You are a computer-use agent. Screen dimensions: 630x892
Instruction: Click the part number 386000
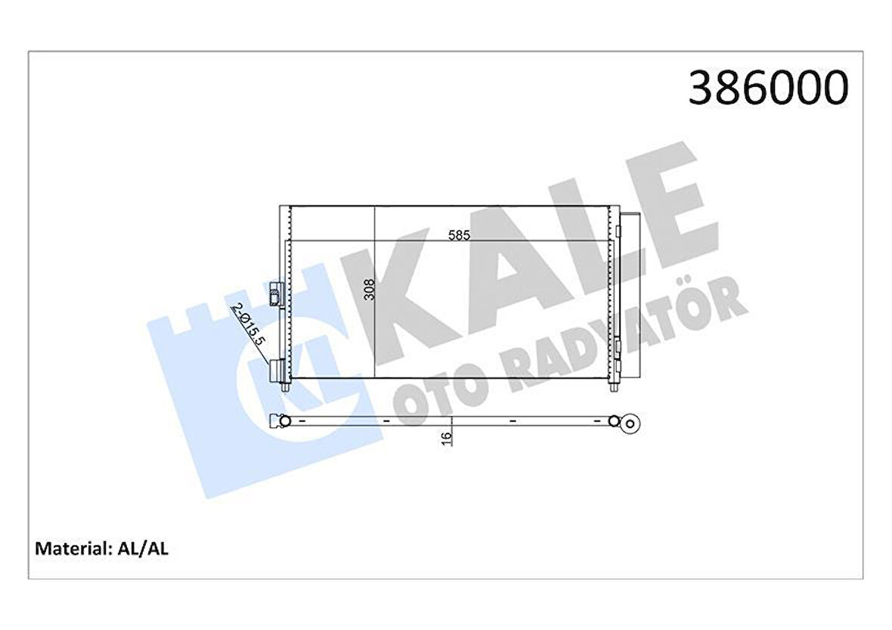coord(768,88)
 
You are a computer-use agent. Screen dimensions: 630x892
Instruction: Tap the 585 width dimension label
coord(459,234)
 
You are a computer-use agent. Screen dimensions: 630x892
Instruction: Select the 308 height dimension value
coord(369,287)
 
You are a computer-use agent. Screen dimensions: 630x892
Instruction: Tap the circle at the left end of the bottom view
coord(283,421)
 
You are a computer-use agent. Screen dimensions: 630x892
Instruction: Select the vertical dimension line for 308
coord(376,303)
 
